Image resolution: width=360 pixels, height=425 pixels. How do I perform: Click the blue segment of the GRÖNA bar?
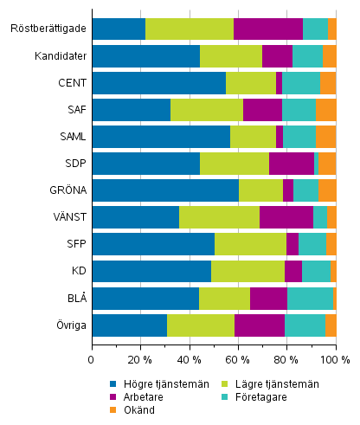(x=164, y=190)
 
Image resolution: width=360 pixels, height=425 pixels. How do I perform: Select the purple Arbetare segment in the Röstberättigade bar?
(x=267, y=29)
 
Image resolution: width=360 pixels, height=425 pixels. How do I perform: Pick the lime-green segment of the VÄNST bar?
(x=219, y=217)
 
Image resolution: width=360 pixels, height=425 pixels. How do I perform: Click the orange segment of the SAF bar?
(x=326, y=110)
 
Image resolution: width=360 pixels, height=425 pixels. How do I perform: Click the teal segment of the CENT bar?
(x=300, y=83)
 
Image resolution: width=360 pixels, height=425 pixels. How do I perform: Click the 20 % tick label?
(x=140, y=358)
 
